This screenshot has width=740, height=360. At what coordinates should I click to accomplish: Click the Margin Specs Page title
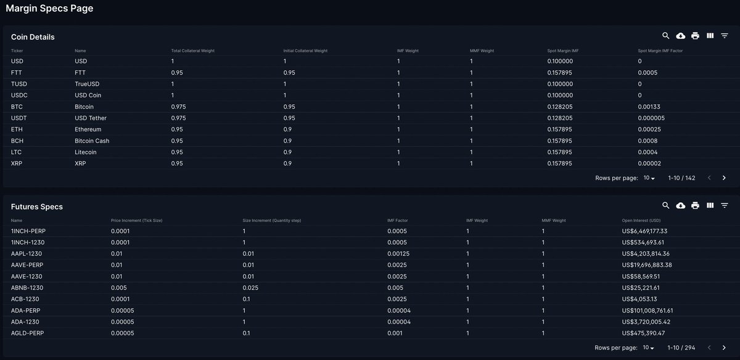point(49,9)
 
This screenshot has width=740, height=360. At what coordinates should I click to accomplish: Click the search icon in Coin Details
point(666,36)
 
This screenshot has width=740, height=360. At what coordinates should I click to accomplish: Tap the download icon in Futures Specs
point(681,206)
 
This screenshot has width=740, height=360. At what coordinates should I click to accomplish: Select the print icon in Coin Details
point(696,36)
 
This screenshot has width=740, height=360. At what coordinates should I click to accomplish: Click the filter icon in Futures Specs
point(725,206)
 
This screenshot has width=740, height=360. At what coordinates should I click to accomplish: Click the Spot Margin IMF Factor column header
point(660,51)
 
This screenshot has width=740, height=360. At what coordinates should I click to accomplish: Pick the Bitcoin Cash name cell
point(92,141)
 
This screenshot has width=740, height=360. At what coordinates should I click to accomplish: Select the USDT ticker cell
point(18,118)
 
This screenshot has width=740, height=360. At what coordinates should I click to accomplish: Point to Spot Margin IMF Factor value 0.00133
point(649,107)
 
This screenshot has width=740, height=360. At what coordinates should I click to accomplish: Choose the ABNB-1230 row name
point(27,288)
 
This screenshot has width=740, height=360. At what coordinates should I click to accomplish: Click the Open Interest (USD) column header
point(641,220)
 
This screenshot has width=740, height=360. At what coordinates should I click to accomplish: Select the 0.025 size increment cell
point(250,288)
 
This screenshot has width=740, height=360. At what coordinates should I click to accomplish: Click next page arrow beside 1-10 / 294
point(724,348)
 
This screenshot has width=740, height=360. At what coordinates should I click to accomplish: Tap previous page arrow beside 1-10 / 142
point(709,178)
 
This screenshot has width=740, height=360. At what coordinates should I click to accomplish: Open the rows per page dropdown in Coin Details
point(649,178)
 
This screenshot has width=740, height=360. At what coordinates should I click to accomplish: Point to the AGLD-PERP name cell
point(27,333)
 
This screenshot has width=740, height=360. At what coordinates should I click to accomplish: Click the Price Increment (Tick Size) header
point(136,220)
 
